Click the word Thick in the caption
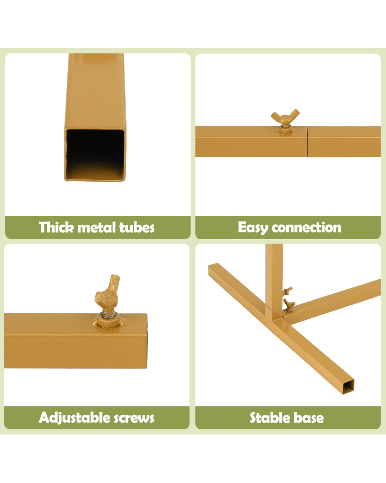pyautogui.click(x=56, y=227)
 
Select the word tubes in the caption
pyautogui.click(x=137, y=227)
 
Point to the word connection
pyautogui.click(x=306, y=227)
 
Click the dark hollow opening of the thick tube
pyautogui.click(x=95, y=155)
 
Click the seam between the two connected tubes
pyautogui.click(x=307, y=142)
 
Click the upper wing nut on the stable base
pyautogui.click(x=287, y=291)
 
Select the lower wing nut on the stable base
pyautogui.click(x=289, y=305)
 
